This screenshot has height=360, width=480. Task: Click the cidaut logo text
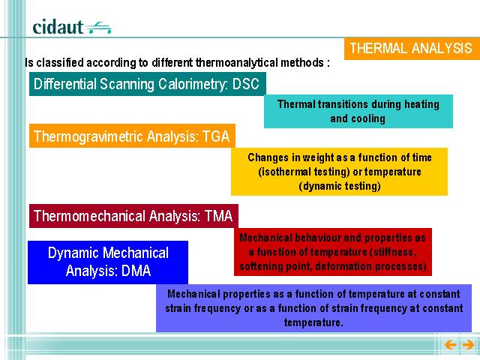point(58,27)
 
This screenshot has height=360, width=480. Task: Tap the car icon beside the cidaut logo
point(98,28)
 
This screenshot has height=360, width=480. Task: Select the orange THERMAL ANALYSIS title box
point(412,48)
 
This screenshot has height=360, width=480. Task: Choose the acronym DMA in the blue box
point(136,271)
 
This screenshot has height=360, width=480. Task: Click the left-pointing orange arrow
point(450,345)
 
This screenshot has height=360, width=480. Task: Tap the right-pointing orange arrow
point(468,345)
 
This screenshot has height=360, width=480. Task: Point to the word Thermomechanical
point(89,216)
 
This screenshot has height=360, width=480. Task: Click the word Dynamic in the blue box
point(73,253)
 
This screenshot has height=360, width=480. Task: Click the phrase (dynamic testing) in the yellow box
point(340,186)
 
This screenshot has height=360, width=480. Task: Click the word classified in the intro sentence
point(60,62)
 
